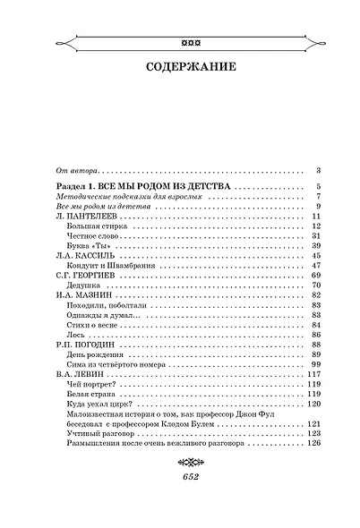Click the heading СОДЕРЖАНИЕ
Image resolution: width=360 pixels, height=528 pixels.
point(179,66)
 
